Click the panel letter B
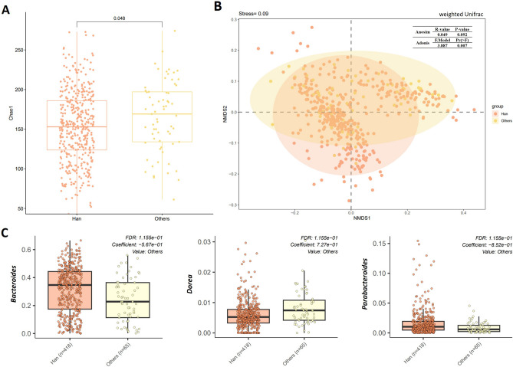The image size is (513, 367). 218,7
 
